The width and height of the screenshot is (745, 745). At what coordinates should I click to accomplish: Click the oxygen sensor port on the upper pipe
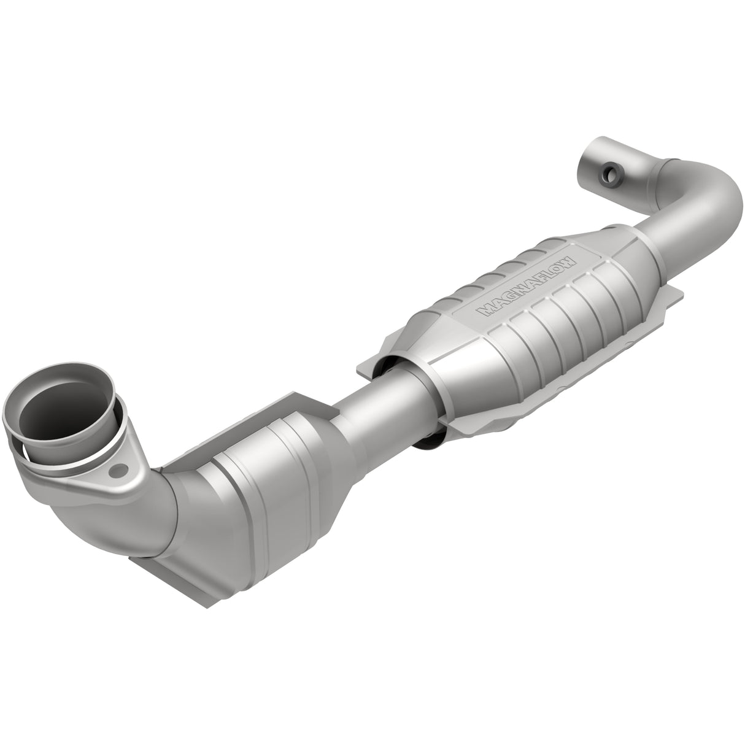pos(609,175)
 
